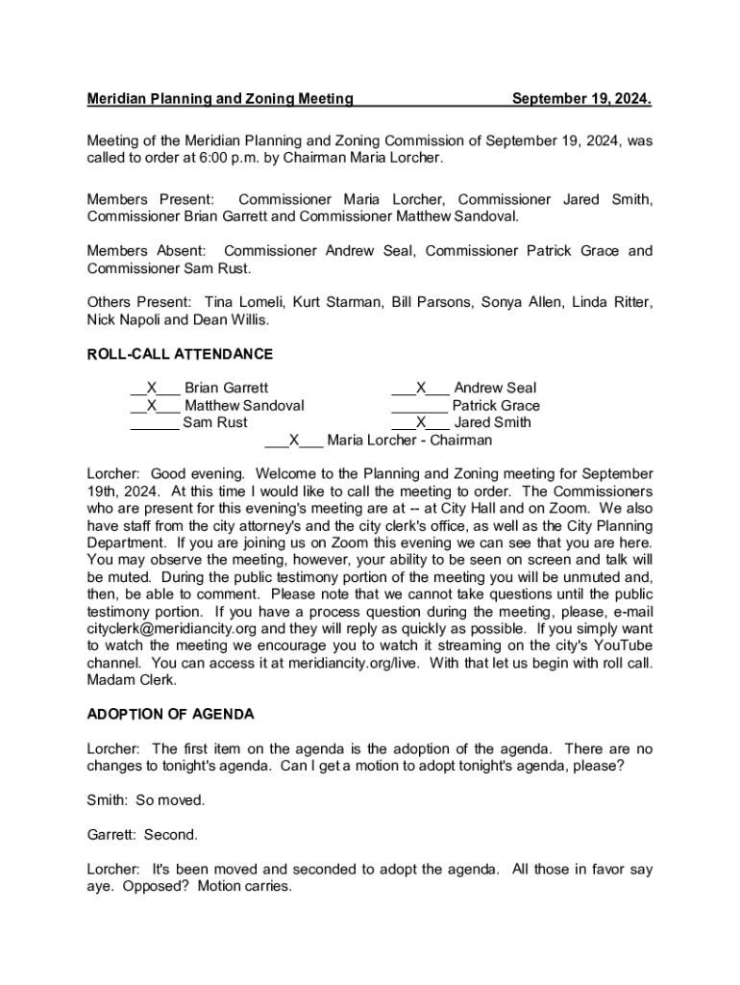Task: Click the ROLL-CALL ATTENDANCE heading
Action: click(x=180, y=354)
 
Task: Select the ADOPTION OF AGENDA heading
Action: click(x=170, y=714)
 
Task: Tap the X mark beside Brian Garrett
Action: click(x=152, y=389)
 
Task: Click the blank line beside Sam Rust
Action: click(x=154, y=422)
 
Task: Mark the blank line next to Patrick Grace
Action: click(x=419, y=406)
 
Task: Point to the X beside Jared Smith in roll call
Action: click(x=421, y=422)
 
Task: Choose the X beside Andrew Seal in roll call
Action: click(x=421, y=389)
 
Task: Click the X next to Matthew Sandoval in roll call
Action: click(x=152, y=406)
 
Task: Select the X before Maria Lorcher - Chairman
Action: click(x=294, y=441)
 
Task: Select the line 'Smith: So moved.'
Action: click(x=145, y=800)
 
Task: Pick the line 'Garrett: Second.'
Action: click(x=142, y=835)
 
